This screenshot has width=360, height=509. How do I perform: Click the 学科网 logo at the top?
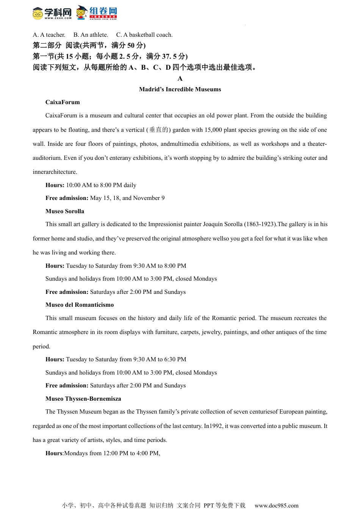click(x=52, y=13)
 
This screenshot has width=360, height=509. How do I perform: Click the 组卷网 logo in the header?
click(x=97, y=12)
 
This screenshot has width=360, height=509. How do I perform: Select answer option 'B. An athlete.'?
click(x=91, y=35)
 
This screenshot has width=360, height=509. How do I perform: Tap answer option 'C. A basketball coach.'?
click(x=144, y=35)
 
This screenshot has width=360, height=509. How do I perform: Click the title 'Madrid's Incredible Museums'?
click(x=180, y=89)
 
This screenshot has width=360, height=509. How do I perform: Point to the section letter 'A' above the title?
click(x=180, y=78)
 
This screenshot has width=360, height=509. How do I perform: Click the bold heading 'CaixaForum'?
click(x=63, y=102)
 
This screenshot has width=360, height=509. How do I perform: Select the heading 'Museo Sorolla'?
click(x=65, y=211)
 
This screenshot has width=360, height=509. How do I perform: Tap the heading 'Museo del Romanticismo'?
click(x=80, y=305)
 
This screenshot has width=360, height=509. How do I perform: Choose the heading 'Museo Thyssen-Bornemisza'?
click(x=83, y=399)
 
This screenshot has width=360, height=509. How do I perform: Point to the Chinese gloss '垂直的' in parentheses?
click(x=159, y=130)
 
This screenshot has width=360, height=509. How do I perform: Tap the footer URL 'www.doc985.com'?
click(x=276, y=505)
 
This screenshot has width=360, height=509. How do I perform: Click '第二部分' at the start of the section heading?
click(x=47, y=45)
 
